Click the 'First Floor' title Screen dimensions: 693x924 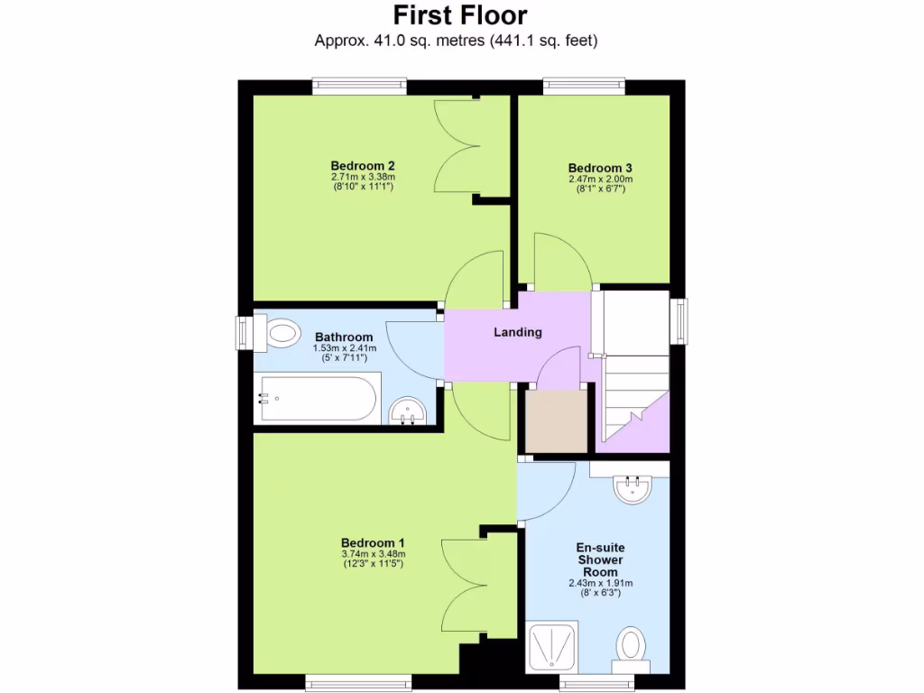[x=460, y=15]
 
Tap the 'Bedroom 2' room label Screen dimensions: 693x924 [x=363, y=165]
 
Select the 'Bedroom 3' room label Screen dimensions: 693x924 [x=600, y=168]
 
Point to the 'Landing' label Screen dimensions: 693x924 [x=518, y=332]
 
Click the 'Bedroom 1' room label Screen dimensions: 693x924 [x=373, y=542]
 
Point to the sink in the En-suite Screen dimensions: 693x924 [x=632, y=488]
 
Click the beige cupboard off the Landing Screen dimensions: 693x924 [x=556, y=420]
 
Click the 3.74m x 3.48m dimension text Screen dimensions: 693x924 [x=373, y=554]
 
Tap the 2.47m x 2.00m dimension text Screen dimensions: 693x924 [x=600, y=179]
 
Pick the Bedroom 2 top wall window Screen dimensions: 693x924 [x=356, y=86]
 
